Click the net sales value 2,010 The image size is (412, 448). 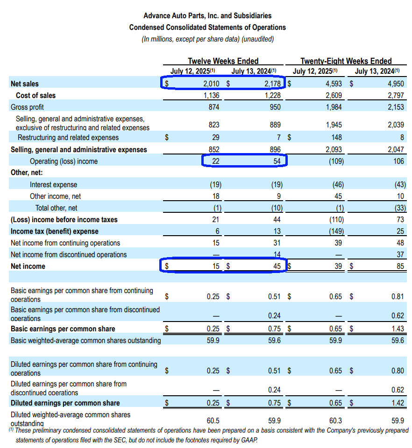click(211, 84)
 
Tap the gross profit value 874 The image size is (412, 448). click(213, 107)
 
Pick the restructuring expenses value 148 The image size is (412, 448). click(336, 138)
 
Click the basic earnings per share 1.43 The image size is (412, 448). click(398, 329)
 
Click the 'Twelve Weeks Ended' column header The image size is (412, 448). click(223, 61)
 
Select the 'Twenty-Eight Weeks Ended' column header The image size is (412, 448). click(346, 61)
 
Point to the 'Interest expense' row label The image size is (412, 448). click(53, 185)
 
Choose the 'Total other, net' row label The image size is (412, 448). click(56, 208)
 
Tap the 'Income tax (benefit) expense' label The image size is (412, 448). click(55, 231)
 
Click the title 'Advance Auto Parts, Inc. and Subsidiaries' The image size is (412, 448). click(207, 16)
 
